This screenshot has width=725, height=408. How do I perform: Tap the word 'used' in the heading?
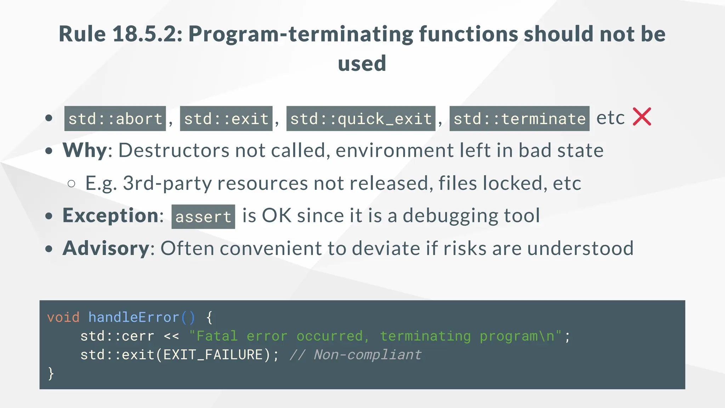pos(362,64)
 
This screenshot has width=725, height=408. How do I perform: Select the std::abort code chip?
pos(115,119)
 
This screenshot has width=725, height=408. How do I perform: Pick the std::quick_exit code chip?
pos(361,119)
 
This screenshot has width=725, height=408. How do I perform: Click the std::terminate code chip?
pos(519,119)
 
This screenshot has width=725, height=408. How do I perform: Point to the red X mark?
pos(642,117)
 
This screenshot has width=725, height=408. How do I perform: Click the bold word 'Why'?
pos(85,151)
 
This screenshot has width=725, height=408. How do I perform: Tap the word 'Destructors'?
pos(173,151)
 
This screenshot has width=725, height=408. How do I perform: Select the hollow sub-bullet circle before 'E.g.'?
pos(72,183)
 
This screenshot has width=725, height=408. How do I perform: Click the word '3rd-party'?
pos(167,183)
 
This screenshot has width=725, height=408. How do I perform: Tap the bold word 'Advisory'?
pos(106,248)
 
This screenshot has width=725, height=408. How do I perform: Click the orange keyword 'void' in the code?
pos(63,317)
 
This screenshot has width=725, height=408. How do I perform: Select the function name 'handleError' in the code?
pos(134,317)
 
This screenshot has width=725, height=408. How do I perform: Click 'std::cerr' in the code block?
pos(117,336)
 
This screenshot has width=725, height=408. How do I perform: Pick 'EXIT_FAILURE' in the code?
pos(213,355)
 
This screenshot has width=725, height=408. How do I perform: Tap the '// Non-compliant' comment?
pos(355,355)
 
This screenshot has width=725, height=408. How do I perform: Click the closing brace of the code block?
pos(51,374)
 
